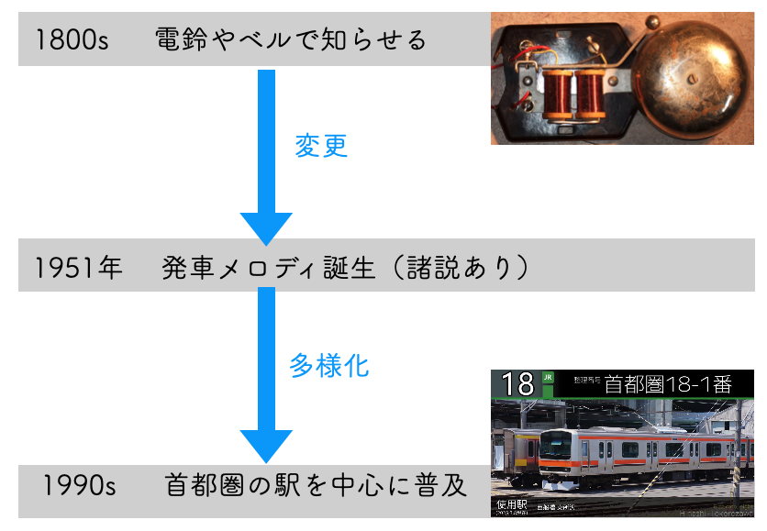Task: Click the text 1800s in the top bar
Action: (x=72, y=40)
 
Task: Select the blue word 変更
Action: (x=321, y=146)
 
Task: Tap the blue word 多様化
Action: (x=329, y=365)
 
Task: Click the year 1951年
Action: (x=78, y=268)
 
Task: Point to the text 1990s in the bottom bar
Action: (x=77, y=484)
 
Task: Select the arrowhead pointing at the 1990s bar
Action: (x=266, y=445)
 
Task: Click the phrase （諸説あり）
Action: (x=461, y=268)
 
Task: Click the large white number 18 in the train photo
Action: (x=518, y=384)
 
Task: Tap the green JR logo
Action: (x=549, y=377)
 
